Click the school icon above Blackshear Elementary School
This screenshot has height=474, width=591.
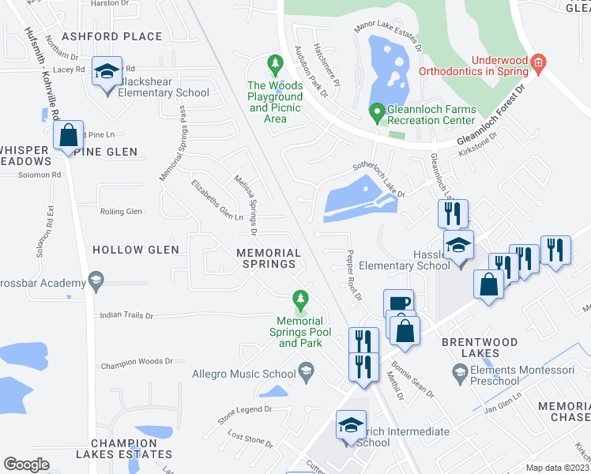(107, 72)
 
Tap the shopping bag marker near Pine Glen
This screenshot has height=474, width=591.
(69, 136)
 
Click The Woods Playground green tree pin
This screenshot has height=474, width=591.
(275, 62)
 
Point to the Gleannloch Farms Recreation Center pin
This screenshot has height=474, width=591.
(377, 113)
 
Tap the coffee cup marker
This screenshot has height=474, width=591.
(398, 303)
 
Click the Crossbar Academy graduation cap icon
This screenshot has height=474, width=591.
(96, 279)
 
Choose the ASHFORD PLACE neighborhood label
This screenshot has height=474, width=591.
(111, 36)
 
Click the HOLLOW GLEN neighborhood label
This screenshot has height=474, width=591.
(136, 250)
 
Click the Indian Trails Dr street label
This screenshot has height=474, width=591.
(126, 315)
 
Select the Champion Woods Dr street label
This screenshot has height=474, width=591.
(136, 361)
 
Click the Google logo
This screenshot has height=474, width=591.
(26, 465)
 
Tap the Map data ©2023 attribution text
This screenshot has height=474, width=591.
(558, 468)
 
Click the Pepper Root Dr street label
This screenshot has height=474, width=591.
(353, 276)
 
